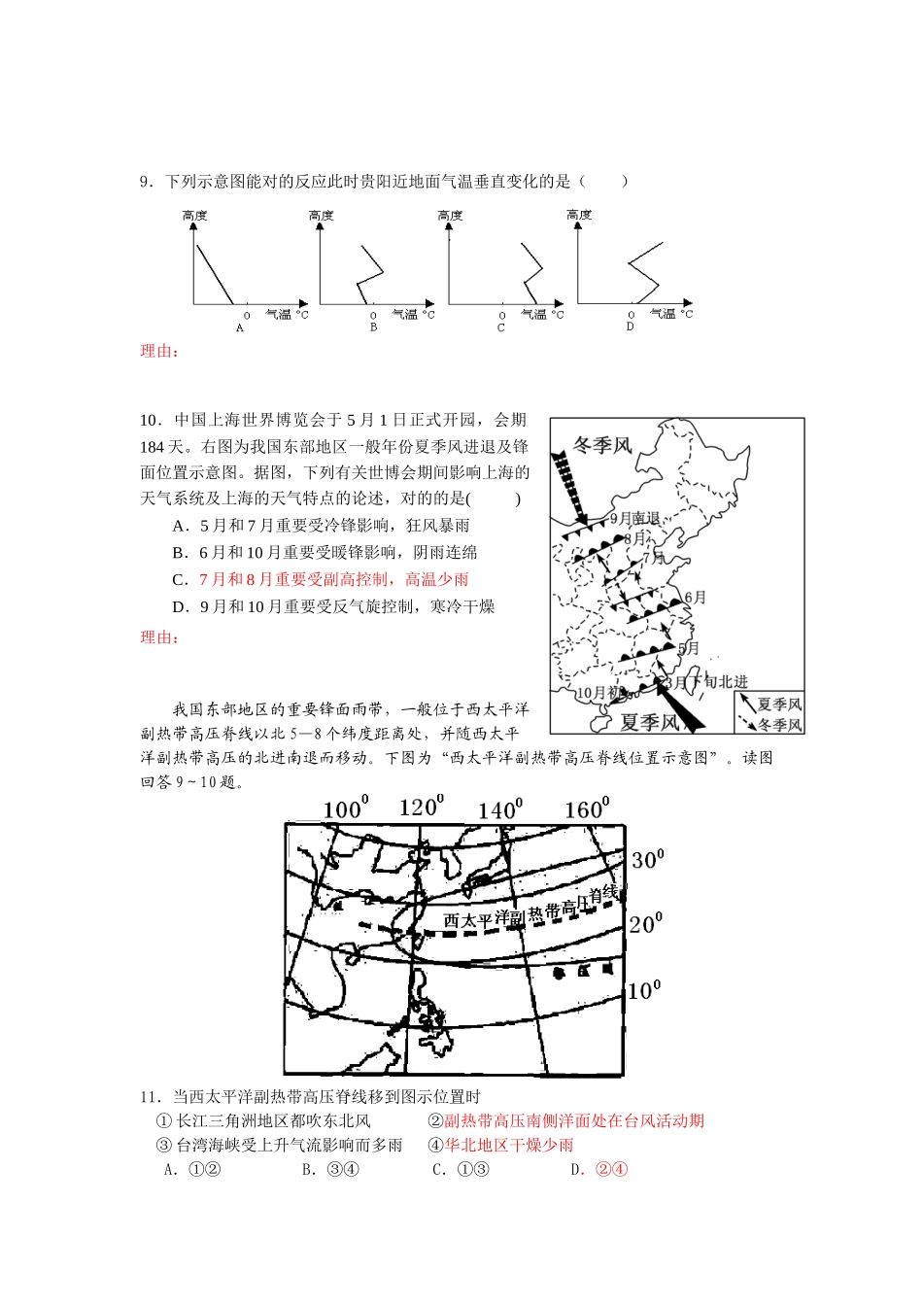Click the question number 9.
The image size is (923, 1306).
tap(146, 182)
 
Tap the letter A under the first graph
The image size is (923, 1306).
tap(240, 328)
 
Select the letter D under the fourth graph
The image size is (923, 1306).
tap(630, 326)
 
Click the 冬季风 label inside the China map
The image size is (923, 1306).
tap(602, 445)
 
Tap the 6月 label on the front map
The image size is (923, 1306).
tap(695, 598)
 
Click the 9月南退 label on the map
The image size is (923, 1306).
tap(634, 519)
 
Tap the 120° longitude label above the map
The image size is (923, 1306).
tap(421, 808)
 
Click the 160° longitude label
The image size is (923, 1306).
tap(587, 808)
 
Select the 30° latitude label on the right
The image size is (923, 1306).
tap(647, 859)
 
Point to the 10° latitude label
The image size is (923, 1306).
tap(644, 990)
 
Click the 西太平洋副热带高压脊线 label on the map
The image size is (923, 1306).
tap(530, 910)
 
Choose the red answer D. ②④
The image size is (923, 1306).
tap(599, 1169)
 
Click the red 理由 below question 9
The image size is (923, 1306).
tap(159, 352)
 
